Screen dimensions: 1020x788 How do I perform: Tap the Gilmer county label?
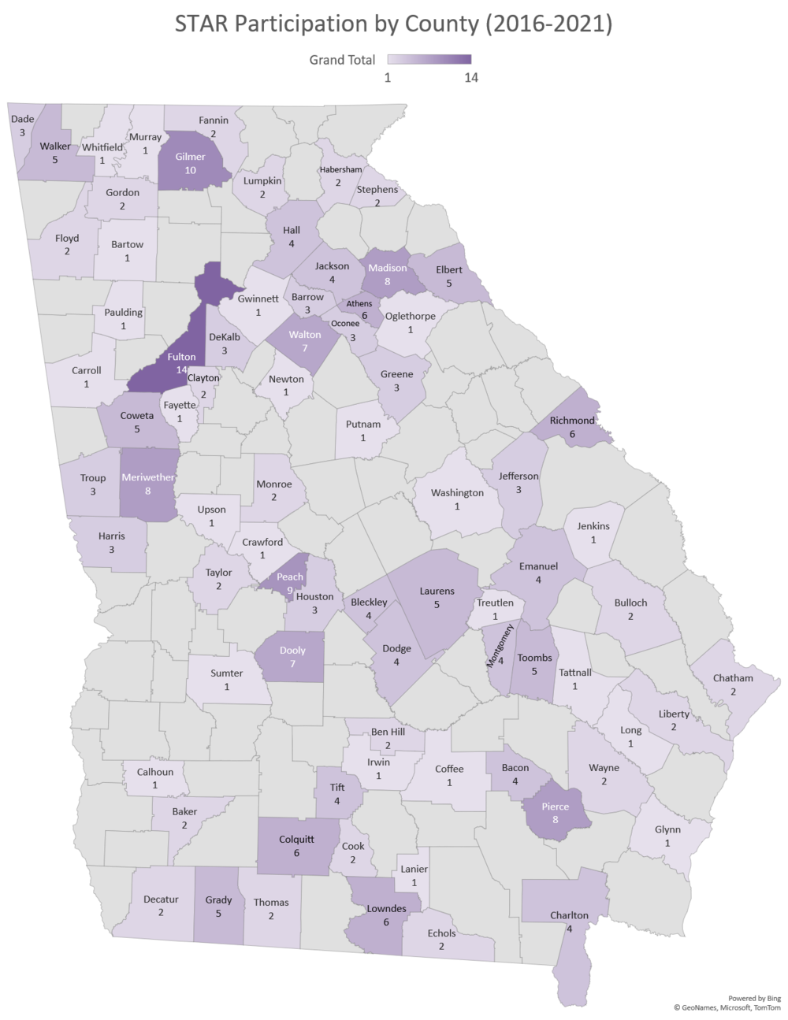pyautogui.click(x=191, y=157)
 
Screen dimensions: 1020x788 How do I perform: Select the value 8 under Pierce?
pyautogui.click(x=556, y=820)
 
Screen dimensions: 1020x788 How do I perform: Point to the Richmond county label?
pyautogui.click(x=573, y=421)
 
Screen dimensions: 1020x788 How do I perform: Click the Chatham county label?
pyautogui.click(x=732, y=678)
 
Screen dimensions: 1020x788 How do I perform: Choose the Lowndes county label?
pyautogui.click(x=387, y=908)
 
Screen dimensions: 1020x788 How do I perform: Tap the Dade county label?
pyautogui.click(x=21, y=120)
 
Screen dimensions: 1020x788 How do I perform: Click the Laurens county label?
pyautogui.click(x=437, y=591)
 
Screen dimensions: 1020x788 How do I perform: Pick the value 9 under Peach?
pyautogui.click(x=289, y=589)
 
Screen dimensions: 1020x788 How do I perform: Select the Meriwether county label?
pyautogui.click(x=148, y=477)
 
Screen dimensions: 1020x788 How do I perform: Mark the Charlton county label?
pyautogui.click(x=569, y=915)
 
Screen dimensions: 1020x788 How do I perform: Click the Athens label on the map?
pyautogui.click(x=359, y=303)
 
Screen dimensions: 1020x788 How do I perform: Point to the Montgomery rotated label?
pyautogui.click(x=500, y=646)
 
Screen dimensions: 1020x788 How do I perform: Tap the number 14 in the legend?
pyautogui.click(x=471, y=77)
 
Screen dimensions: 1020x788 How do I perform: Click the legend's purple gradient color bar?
pyautogui.click(x=429, y=59)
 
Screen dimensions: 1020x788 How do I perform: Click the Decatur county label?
pyautogui.click(x=161, y=899)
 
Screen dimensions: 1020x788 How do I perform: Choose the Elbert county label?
pyautogui.click(x=449, y=269)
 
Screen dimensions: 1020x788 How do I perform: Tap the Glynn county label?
pyautogui.click(x=667, y=829)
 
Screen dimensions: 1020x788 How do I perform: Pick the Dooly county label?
pyautogui.click(x=292, y=651)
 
